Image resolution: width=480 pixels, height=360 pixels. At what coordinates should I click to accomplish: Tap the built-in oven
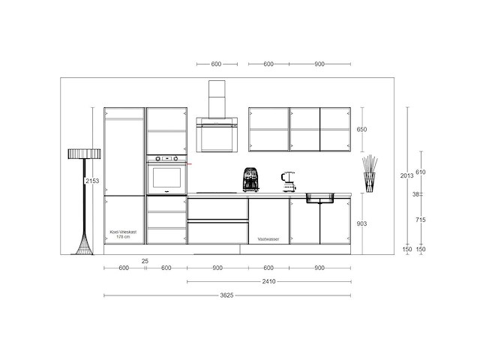coord(166,177)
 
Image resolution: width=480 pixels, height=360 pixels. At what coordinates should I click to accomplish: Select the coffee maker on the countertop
coord(250,180)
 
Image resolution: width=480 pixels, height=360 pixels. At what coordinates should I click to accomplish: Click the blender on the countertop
coord(286,181)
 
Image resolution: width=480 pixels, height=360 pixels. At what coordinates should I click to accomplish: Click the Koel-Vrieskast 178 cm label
coord(124,234)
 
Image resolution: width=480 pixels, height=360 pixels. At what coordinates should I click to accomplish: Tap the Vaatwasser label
coord(268,238)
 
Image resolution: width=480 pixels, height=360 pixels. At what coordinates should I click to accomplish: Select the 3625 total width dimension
coord(227,295)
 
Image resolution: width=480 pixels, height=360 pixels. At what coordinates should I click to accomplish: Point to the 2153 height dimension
coord(92,181)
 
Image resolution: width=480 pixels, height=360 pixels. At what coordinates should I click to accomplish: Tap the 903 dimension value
coord(361,224)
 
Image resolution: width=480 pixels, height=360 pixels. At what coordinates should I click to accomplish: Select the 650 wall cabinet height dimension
coord(361,130)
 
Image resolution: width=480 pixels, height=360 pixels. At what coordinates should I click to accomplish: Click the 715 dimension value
coord(421,219)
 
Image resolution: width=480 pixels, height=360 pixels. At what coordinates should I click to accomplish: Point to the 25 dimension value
coord(145,261)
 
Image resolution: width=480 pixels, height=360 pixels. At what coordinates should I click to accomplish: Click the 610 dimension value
coord(421,172)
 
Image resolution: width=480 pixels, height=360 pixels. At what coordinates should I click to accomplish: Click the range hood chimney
coord(216,98)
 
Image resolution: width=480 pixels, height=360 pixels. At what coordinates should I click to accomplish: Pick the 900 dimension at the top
coord(320,64)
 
